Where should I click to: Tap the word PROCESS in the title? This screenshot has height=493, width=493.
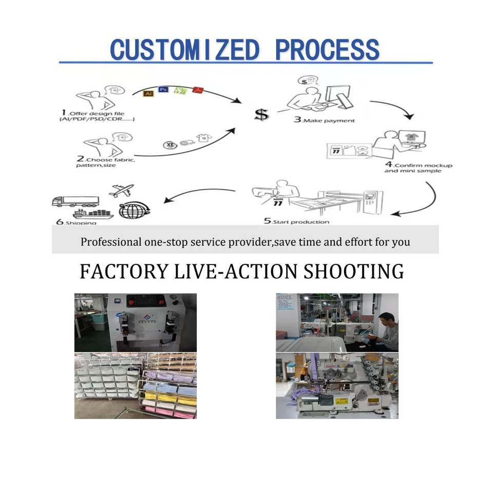click(x=327, y=50)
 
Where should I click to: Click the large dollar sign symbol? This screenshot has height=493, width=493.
click(x=261, y=115)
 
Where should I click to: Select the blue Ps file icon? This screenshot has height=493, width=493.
click(x=163, y=89)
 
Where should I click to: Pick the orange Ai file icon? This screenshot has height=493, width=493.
click(x=148, y=93)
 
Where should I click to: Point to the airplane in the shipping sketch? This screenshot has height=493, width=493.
click(x=122, y=191)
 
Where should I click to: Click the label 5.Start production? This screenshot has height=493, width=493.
click(x=297, y=221)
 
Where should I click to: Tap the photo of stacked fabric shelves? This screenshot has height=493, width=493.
click(x=135, y=385)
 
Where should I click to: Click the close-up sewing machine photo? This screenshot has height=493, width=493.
click(x=337, y=385)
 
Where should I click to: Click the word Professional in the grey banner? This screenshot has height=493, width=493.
click(x=109, y=241)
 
